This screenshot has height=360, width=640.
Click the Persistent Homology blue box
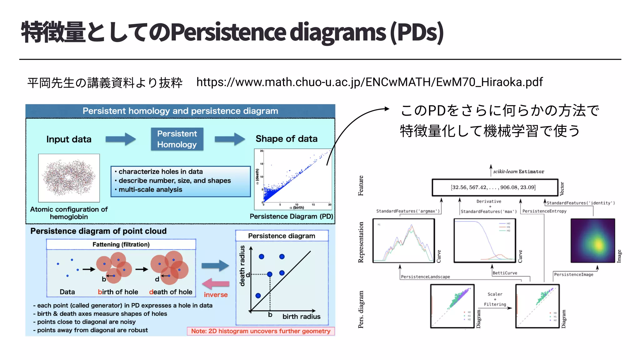coord(177,139)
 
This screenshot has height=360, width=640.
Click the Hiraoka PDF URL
coord(369,82)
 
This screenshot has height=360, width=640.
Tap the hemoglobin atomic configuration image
coord(69,178)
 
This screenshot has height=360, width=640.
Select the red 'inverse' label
coord(216,295)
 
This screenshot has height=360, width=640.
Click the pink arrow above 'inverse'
coord(216,284)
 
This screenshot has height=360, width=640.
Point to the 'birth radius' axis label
coord(301,317)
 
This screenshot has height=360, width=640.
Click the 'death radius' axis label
coord(242,266)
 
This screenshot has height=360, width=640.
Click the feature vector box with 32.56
coord(494,187)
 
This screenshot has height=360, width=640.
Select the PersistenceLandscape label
coord(425,277)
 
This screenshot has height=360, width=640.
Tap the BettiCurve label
coord(505,273)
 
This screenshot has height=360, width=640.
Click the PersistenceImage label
coord(573,274)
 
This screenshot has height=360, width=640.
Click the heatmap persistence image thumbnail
coord(592,241)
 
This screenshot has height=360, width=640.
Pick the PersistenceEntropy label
coord(544,211)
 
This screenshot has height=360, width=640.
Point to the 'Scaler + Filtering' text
coord(495,299)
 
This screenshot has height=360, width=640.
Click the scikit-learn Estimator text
coord(518,172)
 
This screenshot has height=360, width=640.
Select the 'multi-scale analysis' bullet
coord(150,190)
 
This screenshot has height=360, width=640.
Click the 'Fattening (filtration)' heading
coord(121,244)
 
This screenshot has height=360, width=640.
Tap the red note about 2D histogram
coord(261,331)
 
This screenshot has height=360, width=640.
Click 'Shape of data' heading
coord(286,139)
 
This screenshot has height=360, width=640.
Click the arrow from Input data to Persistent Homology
coord(120,139)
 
